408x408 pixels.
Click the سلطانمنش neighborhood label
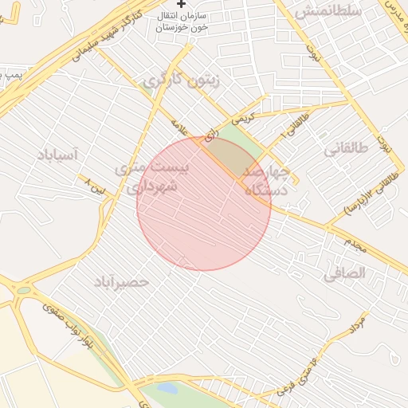coord(328,12)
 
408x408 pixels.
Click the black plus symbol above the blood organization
coord(180,4)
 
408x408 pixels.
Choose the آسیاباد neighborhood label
coord(57,155)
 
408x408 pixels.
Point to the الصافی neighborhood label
coord(343,273)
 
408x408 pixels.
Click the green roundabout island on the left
coord(23,291)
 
